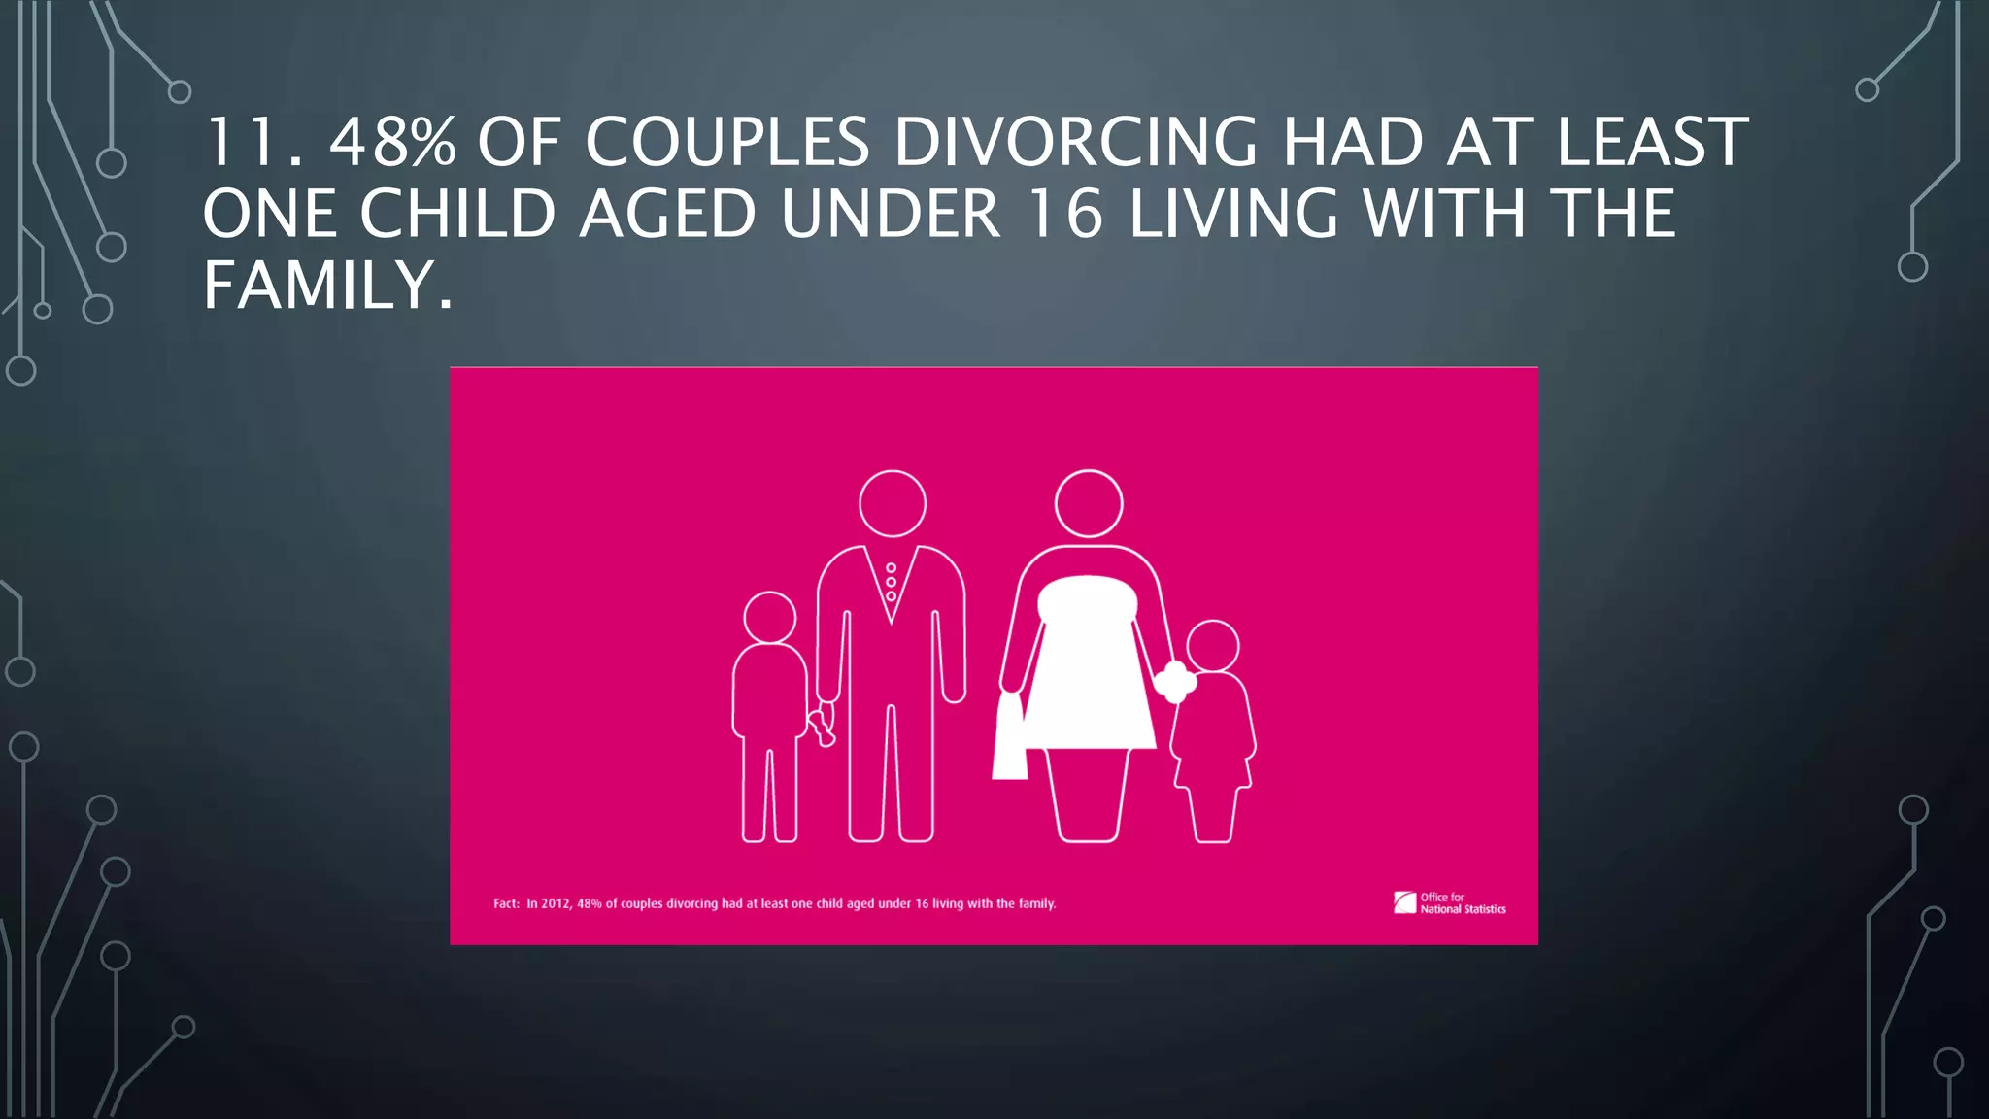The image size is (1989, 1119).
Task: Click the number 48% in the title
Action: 392,142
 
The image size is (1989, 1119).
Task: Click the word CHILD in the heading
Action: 457,214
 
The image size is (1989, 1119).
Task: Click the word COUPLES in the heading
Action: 727,142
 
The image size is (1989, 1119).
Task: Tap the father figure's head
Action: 893,503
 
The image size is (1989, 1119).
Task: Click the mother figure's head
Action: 1089,503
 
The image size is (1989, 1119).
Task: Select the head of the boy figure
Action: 770,617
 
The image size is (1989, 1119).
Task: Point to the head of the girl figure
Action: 1213,645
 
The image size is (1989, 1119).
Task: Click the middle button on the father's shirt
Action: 892,582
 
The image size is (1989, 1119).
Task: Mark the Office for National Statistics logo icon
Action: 1404,902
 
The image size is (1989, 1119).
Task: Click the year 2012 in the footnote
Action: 556,903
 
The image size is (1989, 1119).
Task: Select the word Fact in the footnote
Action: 505,903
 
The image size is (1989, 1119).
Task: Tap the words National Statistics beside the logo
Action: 1463,910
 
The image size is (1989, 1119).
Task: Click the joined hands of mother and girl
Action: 1175,681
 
